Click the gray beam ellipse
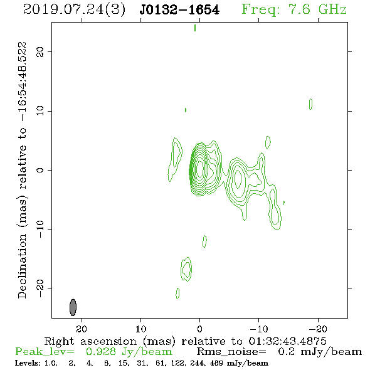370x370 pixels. pyautogui.click(x=73, y=307)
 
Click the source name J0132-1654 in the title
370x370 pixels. pyautogui.click(x=179, y=10)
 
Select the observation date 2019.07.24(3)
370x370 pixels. pyautogui.click(x=74, y=10)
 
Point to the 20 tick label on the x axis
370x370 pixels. pyautogui.click(x=82, y=329)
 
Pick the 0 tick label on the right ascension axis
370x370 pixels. pyautogui.click(x=199, y=329)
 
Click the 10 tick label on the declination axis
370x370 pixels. pyautogui.click(x=40, y=111)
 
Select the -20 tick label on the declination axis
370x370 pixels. pyautogui.click(x=40, y=288)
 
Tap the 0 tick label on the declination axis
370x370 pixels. pyautogui.click(x=40, y=170)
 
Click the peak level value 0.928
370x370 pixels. pyautogui.click(x=100, y=352)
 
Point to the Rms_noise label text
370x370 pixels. pyautogui.click(x=231, y=352)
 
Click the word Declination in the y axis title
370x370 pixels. pyautogui.click(x=22, y=266)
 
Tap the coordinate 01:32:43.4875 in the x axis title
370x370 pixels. pyautogui.click(x=287, y=341)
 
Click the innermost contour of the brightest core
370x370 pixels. pyautogui.click(x=199, y=168)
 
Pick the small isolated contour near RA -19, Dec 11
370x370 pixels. pyautogui.click(x=310, y=104)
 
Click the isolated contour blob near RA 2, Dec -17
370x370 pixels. pyautogui.click(x=186, y=269)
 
